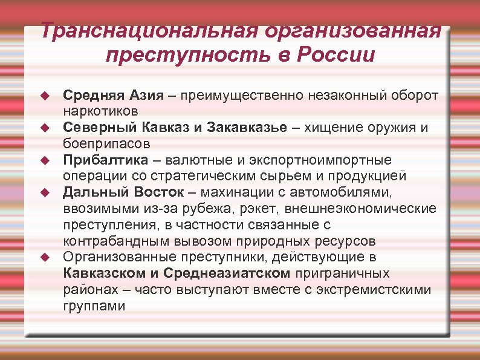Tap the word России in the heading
[336, 56]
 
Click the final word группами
[94, 306]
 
